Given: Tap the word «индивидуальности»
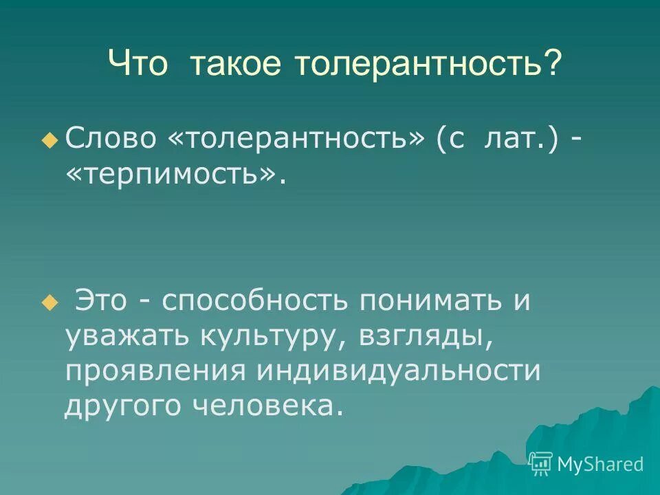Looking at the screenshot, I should (399, 371).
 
